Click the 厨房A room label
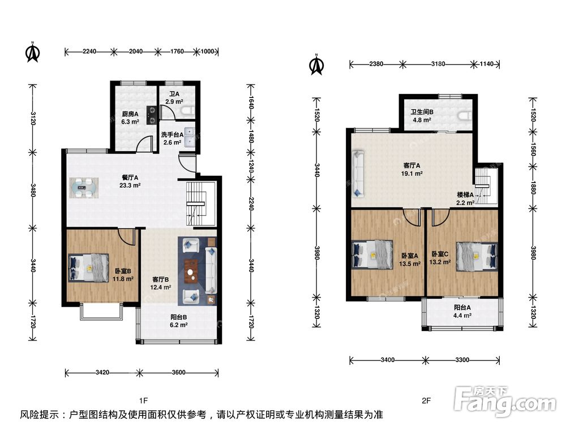point(130,114)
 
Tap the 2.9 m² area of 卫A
point(174,101)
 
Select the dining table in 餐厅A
point(84,188)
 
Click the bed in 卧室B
point(89,268)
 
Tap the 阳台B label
point(179,317)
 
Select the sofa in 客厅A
point(358,174)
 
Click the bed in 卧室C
point(477,256)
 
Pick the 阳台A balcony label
point(462,308)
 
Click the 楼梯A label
point(465,195)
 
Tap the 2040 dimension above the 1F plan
point(136,52)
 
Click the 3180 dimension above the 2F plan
point(438,64)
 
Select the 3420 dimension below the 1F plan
point(102,372)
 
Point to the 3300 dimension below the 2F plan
point(462,360)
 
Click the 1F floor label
point(143,401)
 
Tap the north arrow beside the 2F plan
point(316,65)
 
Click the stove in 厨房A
point(152,115)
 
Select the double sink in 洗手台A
point(190,137)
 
